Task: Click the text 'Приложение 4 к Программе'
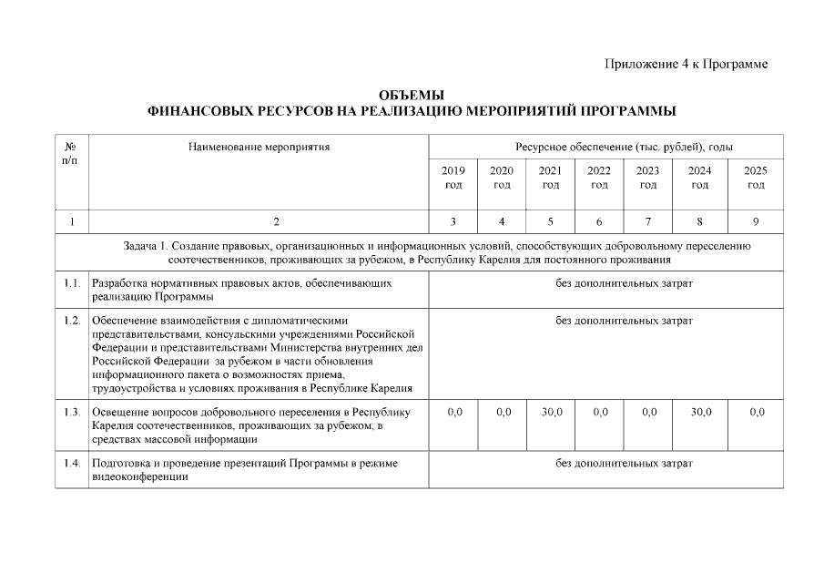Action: (x=686, y=64)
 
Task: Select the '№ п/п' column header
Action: (x=71, y=153)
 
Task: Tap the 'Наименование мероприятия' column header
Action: (x=259, y=146)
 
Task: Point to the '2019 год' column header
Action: (x=453, y=178)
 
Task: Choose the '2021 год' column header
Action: (x=550, y=178)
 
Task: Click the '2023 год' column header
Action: (x=647, y=178)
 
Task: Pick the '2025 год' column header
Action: (x=755, y=178)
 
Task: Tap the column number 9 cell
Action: (x=755, y=221)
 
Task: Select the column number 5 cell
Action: (x=550, y=221)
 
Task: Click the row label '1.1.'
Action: (x=72, y=283)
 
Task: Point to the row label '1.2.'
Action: (x=72, y=321)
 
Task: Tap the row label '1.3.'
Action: (x=72, y=413)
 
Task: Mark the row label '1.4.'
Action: (x=72, y=464)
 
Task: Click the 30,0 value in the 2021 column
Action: (x=551, y=413)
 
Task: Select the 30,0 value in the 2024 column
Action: (x=700, y=413)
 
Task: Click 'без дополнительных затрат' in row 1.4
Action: (x=624, y=464)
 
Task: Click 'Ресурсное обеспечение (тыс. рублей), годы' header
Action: (x=624, y=146)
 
